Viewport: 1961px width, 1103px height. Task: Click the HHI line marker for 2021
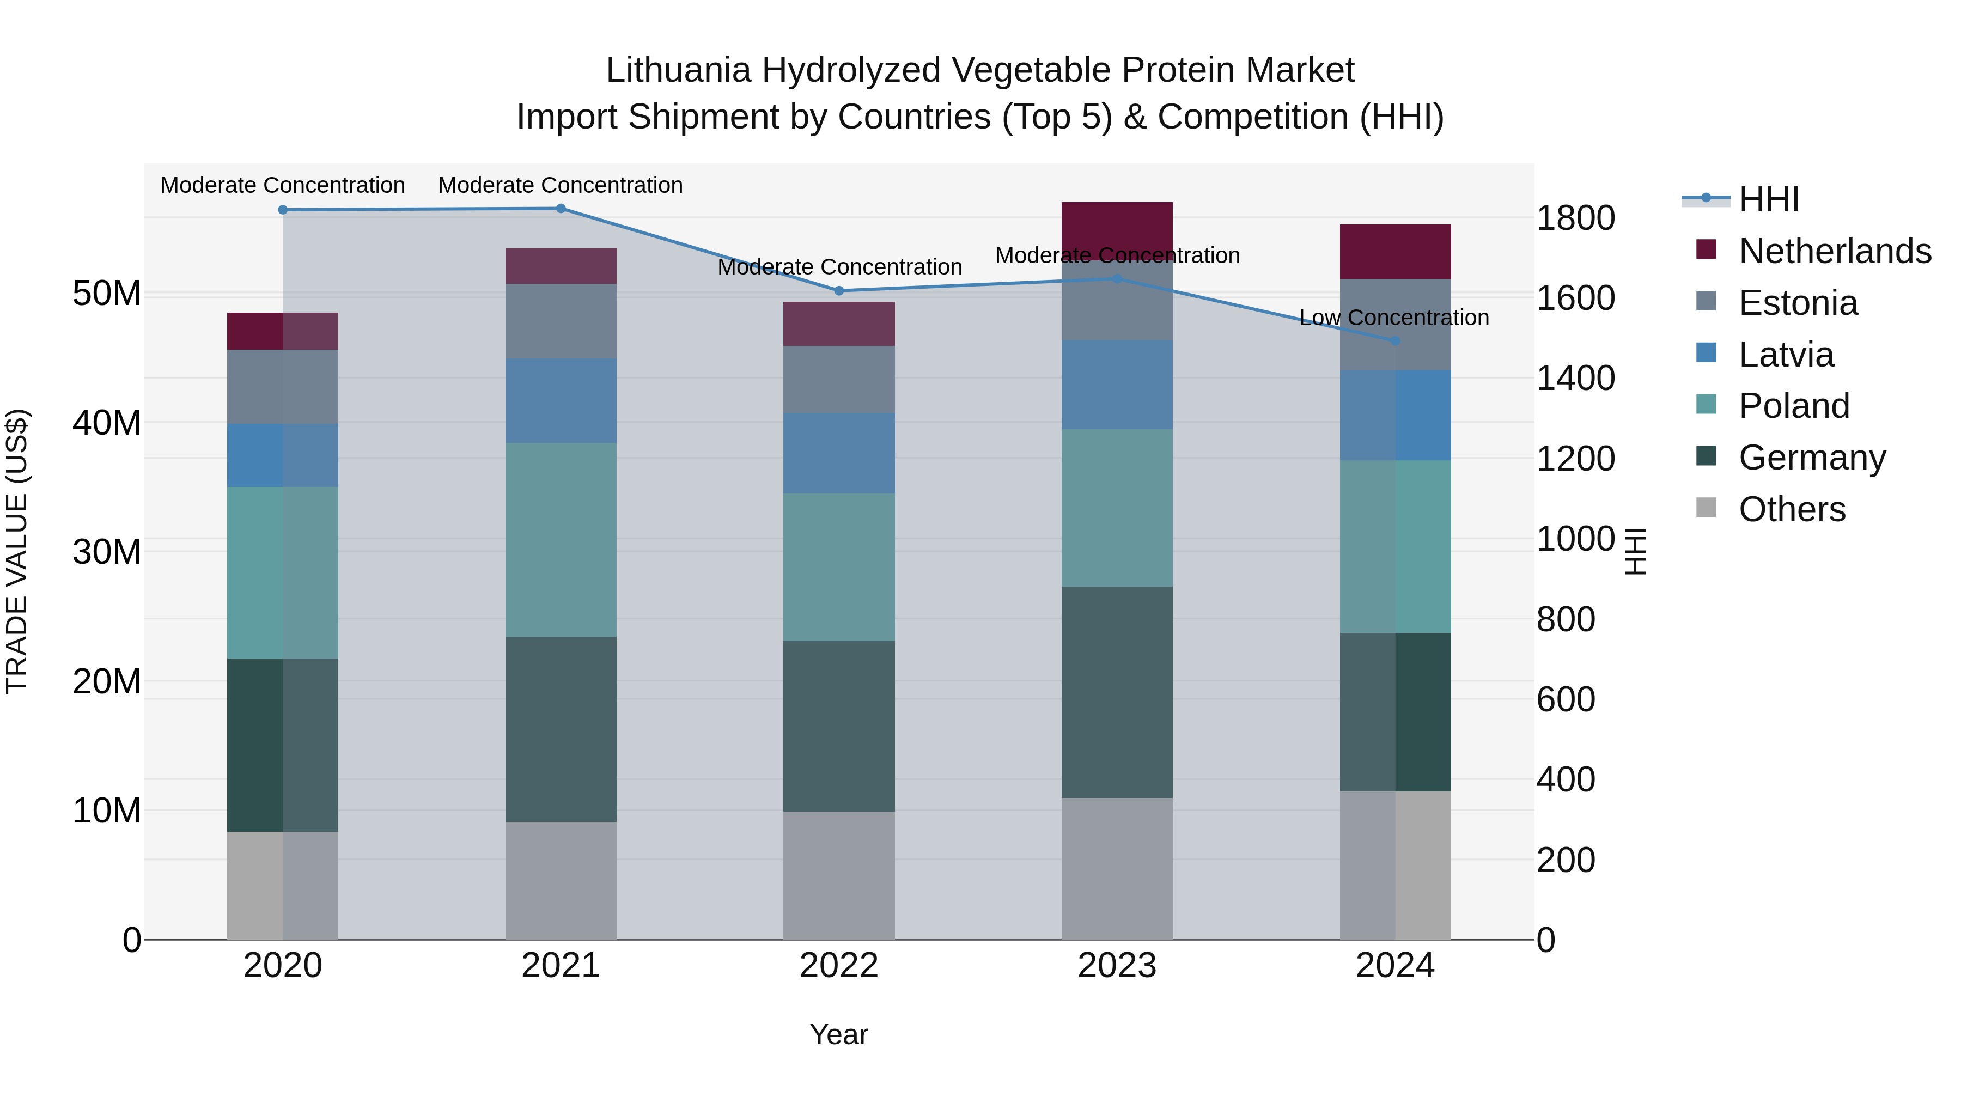click(x=561, y=209)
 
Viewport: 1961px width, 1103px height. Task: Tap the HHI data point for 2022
click(x=839, y=291)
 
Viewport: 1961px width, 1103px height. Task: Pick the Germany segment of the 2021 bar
click(x=561, y=729)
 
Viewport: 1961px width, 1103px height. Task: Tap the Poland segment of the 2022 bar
click(x=839, y=567)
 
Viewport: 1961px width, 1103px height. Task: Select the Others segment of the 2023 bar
click(x=1117, y=869)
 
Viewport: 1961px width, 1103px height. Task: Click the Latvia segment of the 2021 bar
click(x=561, y=400)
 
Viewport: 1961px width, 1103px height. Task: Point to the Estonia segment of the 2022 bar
click(x=839, y=380)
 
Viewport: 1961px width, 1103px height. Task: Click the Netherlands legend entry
click(x=1835, y=251)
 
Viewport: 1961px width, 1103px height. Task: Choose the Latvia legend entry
click(x=1786, y=355)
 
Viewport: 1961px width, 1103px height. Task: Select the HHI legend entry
click(x=1768, y=199)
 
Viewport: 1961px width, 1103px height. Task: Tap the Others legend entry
click(x=1792, y=509)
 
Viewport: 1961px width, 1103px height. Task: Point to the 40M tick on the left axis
click(x=107, y=423)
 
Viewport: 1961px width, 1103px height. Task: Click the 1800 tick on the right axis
click(x=1575, y=218)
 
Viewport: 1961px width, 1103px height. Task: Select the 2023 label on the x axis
click(x=1117, y=966)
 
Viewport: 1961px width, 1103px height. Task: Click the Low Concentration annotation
click(x=1394, y=318)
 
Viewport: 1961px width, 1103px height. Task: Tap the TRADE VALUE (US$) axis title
click(x=17, y=551)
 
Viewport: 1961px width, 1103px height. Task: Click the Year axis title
click(x=839, y=1034)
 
